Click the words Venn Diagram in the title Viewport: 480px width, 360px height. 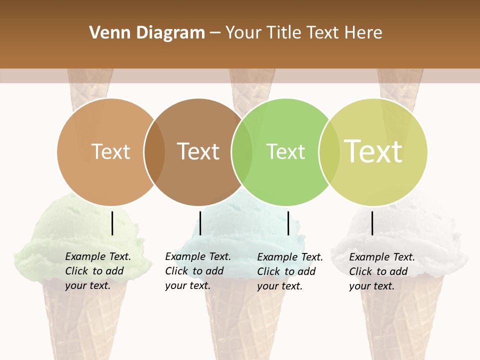pyautogui.click(x=147, y=33)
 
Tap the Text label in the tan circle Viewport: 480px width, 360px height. pyautogui.click(x=111, y=151)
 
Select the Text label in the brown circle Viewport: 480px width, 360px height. pyautogui.click(x=198, y=151)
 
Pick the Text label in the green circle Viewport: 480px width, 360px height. pyautogui.click(x=285, y=151)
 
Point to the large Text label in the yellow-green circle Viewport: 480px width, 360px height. pyautogui.click(x=373, y=151)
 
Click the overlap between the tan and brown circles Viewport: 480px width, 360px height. pyautogui.click(x=154, y=152)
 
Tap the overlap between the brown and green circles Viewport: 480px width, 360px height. pyautogui.click(x=242, y=152)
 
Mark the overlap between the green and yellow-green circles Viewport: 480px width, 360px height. pyautogui.click(x=329, y=152)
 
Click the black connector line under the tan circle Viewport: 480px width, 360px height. pyautogui.click(x=112, y=223)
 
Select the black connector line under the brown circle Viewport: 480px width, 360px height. pyautogui.click(x=200, y=223)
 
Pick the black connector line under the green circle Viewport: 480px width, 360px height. pyautogui.click(x=288, y=223)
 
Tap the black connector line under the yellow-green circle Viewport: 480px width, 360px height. pyautogui.click(x=372, y=223)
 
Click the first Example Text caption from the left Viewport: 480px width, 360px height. pyautogui.click(x=97, y=271)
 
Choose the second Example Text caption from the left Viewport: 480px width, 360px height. pyautogui.click(x=197, y=271)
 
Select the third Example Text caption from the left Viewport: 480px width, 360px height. pyautogui.click(x=289, y=271)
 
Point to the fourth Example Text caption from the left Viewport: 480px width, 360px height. pyautogui.click(x=381, y=271)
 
